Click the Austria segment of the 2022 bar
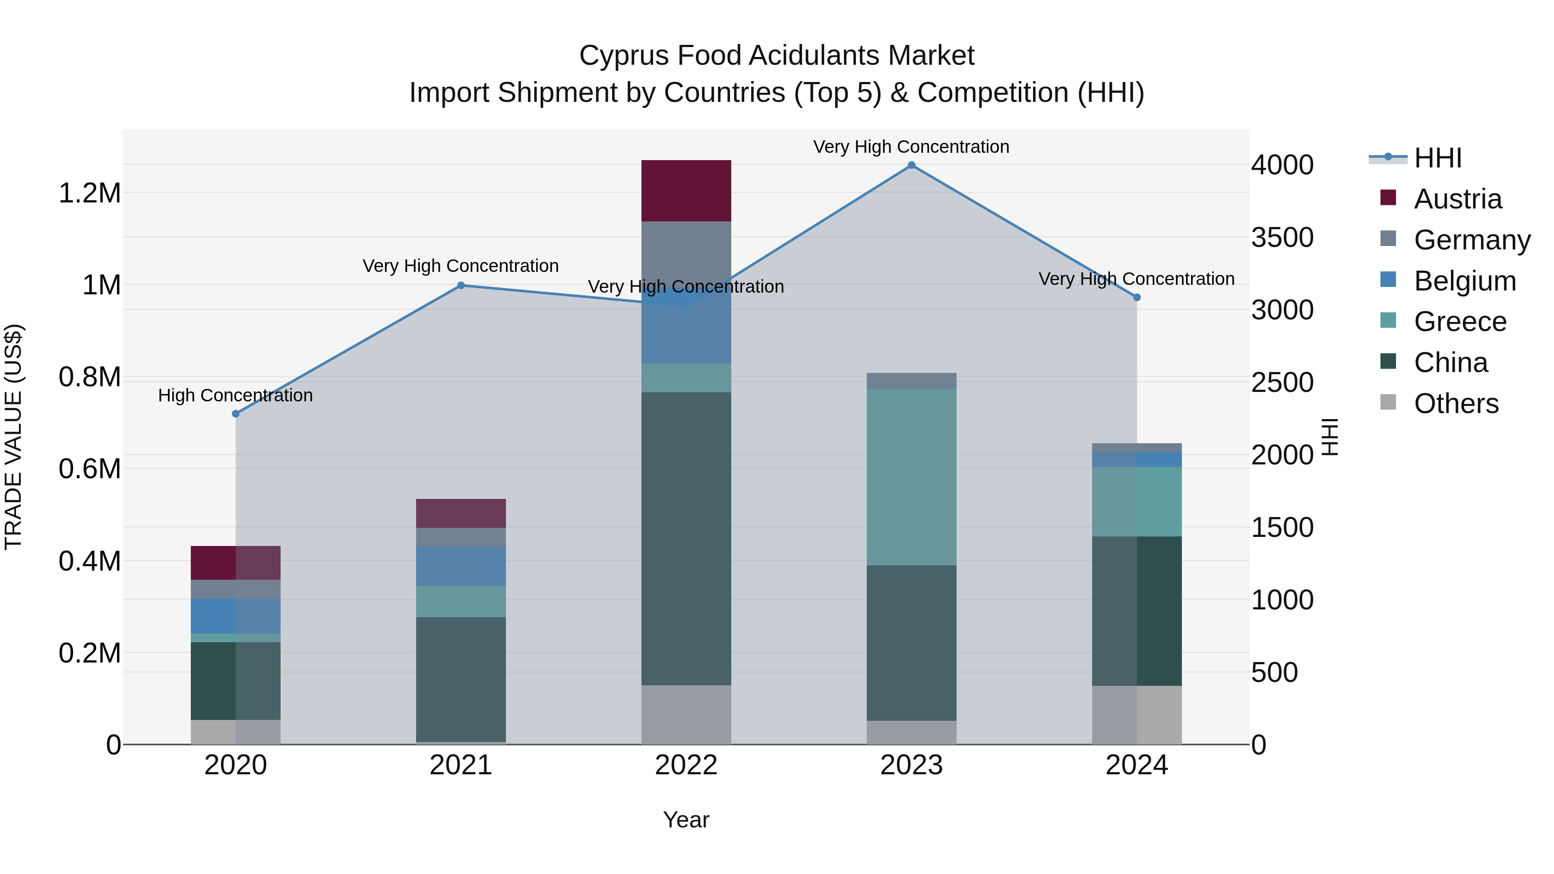click(686, 191)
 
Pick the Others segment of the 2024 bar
click(1137, 715)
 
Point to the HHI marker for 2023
click(912, 165)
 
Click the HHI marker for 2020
click(236, 414)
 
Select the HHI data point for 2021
click(461, 285)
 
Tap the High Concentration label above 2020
click(235, 396)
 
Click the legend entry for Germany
click(1472, 240)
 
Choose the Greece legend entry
click(1460, 322)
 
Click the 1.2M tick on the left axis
click(89, 194)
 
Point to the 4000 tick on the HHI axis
click(1282, 165)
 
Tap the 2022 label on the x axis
click(686, 765)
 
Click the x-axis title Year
click(686, 820)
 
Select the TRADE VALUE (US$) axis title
click(13, 437)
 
